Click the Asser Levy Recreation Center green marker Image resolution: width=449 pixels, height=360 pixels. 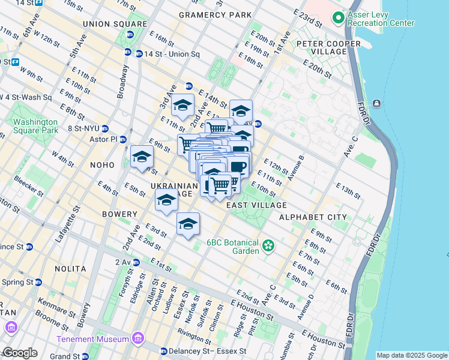tap(338, 17)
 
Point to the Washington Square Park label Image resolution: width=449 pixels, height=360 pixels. tap(36, 125)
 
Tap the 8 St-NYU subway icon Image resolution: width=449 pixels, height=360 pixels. tap(104, 128)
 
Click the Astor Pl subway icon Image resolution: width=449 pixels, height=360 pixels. tap(123, 139)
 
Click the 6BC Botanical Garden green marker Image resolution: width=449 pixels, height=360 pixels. tap(268, 244)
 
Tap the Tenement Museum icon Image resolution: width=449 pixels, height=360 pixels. tap(139, 339)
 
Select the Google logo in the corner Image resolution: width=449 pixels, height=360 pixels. tap(19, 353)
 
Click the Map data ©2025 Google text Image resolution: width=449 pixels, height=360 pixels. tap(412, 355)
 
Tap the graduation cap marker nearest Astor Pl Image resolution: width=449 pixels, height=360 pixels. tap(142, 157)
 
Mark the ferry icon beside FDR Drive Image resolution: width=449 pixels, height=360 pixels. tap(376, 103)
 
